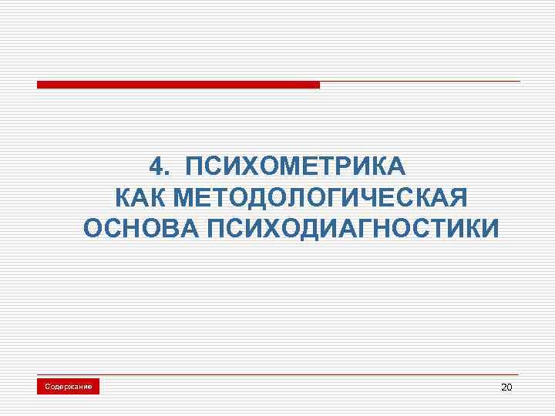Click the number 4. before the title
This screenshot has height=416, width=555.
pyautogui.click(x=159, y=167)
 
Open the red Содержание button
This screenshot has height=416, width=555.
pyautogui.click(x=69, y=386)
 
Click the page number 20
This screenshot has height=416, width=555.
pyautogui.click(x=506, y=386)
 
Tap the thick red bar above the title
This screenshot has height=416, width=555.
pyautogui.click(x=178, y=85)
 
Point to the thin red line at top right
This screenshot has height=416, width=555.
pyautogui.click(x=420, y=82)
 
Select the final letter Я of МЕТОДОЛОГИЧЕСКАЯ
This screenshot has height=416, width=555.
pyautogui.click(x=457, y=198)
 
